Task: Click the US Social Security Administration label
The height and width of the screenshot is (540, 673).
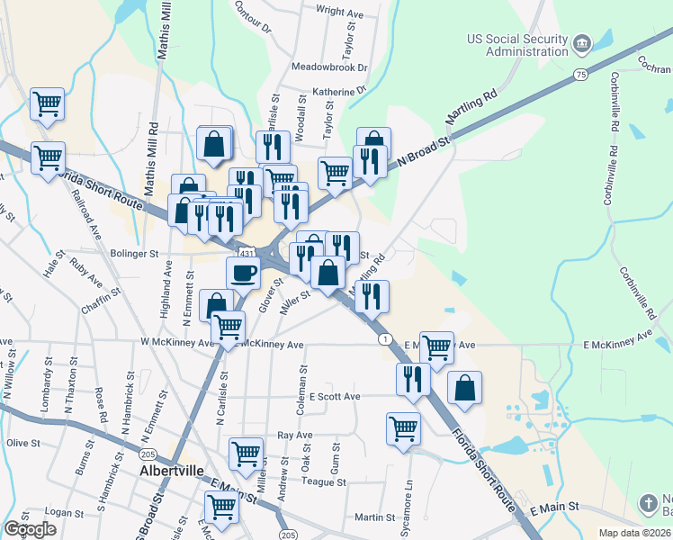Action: click(x=516, y=45)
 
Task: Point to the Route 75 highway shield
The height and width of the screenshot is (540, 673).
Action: click(x=580, y=74)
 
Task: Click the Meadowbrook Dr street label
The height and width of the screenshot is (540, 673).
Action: click(x=330, y=67)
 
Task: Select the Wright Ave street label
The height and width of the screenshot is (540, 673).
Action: click(x=337, y=12)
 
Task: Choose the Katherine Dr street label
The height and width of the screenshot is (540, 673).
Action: click(x=339, y=91)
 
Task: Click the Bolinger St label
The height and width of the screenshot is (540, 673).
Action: click(x=135, y=255)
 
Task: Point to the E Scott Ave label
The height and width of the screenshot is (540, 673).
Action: click(x=335, y=396)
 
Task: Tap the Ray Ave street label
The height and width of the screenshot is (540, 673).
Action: click(x=294, y=436)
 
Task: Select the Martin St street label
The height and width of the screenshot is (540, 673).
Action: click(x=374, y=517)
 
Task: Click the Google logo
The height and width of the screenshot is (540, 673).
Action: click(x=30, y=529)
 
